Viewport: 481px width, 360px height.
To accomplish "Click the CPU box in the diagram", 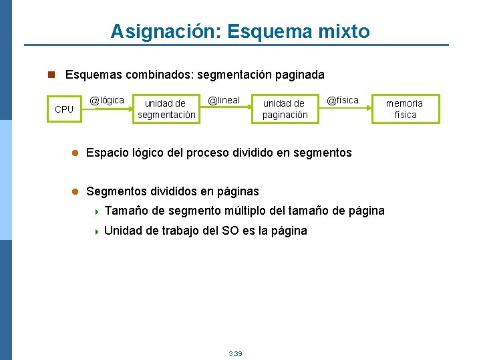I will pyautogui.click(x=64, y=109).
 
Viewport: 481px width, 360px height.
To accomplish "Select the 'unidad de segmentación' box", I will pyautogui.click(x=166, y=109).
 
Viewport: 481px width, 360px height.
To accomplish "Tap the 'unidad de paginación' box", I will pyautogui.click(x=285, y=109).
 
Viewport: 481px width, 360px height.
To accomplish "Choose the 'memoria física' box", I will pyautogui.click(x=404, y=109).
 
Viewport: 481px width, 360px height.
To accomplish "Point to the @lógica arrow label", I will pyautogui.click(x=107, y=100).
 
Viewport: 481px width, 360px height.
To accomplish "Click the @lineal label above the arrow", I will pyautogui.click(x=223, y=100).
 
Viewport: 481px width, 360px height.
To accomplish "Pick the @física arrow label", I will pyautogui.click(x=342, y=100).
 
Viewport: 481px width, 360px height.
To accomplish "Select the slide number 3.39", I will pyautogui.click(x=235, y=353).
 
